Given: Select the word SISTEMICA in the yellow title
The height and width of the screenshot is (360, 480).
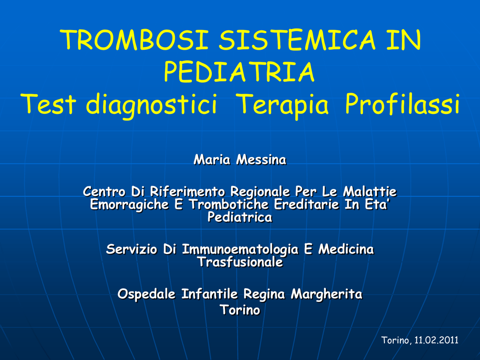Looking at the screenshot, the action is tap(297, 40).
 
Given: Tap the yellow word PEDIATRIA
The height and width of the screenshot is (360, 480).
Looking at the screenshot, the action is tap(239, 72).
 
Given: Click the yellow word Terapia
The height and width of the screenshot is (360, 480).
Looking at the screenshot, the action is tap(283, 105).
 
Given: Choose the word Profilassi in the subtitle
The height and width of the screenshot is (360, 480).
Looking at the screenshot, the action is tap(403, 104).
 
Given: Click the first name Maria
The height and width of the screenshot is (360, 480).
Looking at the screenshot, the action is tap(212, 159).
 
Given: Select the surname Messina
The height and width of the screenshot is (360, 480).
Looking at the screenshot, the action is tap(261, 159).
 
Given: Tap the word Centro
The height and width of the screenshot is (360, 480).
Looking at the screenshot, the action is tap(104, 192).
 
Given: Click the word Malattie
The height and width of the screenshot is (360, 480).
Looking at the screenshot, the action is tap(369, 192).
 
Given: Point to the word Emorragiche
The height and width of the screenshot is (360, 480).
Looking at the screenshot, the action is tap(129, 205).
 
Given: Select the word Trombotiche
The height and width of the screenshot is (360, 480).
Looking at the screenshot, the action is tap(229, 204).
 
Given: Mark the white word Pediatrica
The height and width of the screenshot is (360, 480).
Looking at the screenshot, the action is tap(240, 217).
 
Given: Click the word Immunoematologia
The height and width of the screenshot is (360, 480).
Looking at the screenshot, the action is tap(240, 249).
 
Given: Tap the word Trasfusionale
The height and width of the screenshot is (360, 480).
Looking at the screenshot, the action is tap(240, 262).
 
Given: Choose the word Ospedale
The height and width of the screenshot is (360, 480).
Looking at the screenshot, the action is tap(146, 294).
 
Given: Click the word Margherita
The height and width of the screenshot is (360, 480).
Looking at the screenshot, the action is tap(326, 294).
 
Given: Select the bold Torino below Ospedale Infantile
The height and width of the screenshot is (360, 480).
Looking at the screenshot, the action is tap(240, 310).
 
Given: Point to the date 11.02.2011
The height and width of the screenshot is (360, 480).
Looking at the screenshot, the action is tap(436, 340).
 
